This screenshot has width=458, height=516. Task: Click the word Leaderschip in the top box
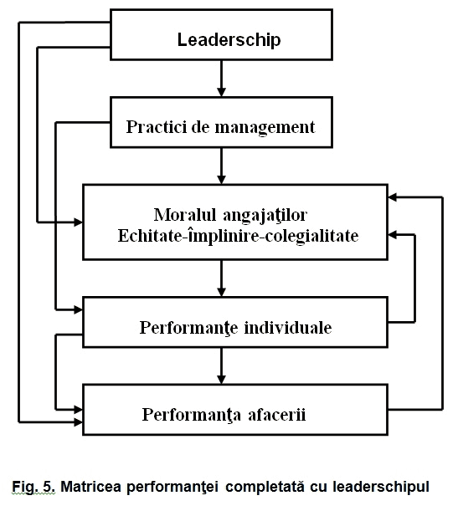(229, 40)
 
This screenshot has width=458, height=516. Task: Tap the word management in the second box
(265, 128)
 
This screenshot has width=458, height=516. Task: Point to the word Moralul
(185, 215)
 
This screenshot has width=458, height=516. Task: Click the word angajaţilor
(265, 216)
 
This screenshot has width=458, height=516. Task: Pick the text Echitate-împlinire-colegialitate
(238, 237)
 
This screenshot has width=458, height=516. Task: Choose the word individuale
(288, 328)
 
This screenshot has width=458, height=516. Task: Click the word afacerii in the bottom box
(277, 414)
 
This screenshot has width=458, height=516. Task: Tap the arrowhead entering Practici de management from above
(221, 92)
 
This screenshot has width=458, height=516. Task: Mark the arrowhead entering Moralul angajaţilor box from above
(221, 180)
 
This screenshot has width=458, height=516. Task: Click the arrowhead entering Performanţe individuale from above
(221, 292)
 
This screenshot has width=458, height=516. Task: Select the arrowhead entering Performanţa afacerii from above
(221, 380)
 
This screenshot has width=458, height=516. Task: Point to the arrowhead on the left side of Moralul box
(78, 222)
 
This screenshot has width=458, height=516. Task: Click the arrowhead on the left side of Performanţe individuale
(78, 309)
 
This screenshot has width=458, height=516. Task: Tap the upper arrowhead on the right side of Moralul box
(393, 197)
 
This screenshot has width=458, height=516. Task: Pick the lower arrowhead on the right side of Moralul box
(393, 235)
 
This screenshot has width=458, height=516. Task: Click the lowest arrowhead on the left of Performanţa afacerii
(78, 421)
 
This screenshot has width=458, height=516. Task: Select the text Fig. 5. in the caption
(33, 487)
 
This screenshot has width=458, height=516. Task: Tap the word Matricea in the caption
(91, 487)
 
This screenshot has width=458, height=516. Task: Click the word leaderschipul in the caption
(381, 487)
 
